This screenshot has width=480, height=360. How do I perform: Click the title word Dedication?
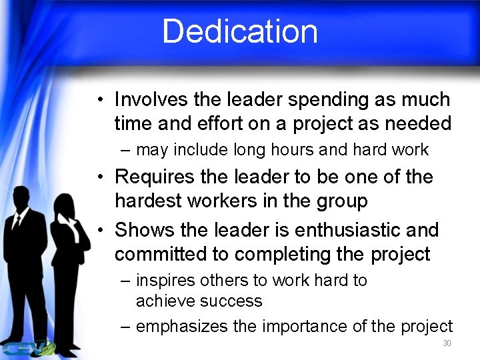240,31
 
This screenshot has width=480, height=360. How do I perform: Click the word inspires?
162,281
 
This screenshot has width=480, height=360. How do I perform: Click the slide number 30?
447,344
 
